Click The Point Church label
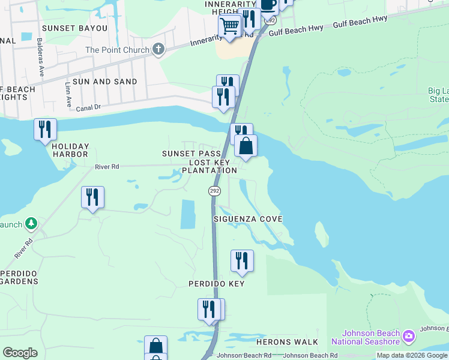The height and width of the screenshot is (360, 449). pyautogui.click(x=117, y=50)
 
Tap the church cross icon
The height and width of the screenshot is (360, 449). pyautogui.click(x=158, y=49)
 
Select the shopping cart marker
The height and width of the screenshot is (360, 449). pyautogui.click(x=229, y=26)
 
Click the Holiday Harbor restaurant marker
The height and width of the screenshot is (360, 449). pyautogui.click(x=45, y=130)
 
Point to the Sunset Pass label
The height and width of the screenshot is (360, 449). pyautogui.click(x=191, y=154)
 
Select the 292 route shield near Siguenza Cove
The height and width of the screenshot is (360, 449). pyautogui.click(x=214, y=190)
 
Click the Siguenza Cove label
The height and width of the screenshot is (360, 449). pyautogui.click(x=248, y=219)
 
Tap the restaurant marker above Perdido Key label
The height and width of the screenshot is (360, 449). pyautogui.click(x=242, y=261)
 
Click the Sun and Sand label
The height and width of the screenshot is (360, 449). pyautogui.click(x=104, y=81)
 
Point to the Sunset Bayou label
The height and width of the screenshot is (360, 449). pyautogui.click(x=74, y=28)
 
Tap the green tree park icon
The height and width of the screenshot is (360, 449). pyautogui.click(x=31, y=224)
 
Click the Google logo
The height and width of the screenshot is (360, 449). pyautogui.click(x=20, y=353)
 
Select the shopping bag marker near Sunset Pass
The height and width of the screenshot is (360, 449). pyautogui.click(x=246, y=146)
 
